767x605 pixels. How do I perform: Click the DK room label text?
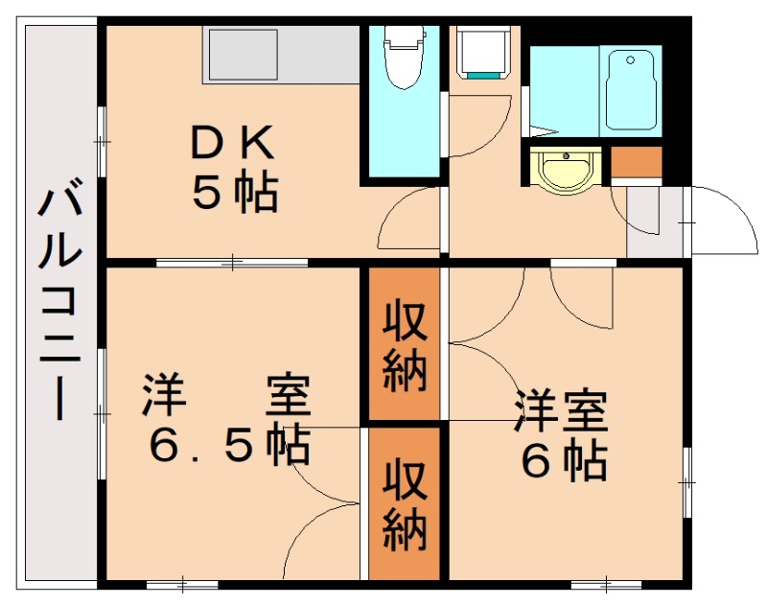coord(232,142)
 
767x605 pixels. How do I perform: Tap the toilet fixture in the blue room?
coord(404,57)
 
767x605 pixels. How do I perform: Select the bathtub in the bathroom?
coord(631,91)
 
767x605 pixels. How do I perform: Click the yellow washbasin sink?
coord(566,169)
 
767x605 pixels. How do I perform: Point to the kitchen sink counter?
coord(281,55)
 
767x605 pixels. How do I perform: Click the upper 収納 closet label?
coord(405,347)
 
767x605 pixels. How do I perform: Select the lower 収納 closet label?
coord(405,503)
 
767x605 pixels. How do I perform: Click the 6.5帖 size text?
coord(229,446)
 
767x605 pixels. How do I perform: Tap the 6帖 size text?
coord(565,460)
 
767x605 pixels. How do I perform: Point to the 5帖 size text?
coord(235,192)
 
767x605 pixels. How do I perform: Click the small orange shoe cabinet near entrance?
coord(637,162)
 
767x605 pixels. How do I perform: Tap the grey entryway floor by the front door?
coord(655,221)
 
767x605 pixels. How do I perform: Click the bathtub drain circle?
coord(631,60)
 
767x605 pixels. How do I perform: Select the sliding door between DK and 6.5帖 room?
coord(232,263)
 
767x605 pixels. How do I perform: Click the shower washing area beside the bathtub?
coord(565,91)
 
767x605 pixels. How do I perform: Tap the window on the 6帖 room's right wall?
coord(687,482)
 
